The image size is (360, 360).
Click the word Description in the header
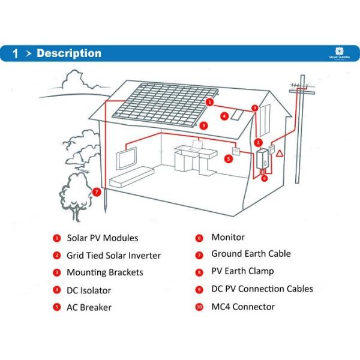tap(69, 53)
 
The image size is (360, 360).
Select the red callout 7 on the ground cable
tap(97, 192)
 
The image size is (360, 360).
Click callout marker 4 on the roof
tap(224, 116)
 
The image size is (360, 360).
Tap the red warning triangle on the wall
tap(279, 154)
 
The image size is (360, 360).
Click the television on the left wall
tap(127, 158)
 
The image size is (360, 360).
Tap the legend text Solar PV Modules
tap(102, 238)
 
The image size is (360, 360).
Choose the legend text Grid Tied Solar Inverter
tap(113, 256)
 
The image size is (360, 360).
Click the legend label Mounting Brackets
tap(105, 272)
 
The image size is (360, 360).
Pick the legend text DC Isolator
tap(89, 290)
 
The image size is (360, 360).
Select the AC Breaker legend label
tap(89, 307)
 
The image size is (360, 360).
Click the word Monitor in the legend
tap(228, 238)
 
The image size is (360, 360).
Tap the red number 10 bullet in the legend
tap(199, 307)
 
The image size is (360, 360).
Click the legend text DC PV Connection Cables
tap(262, 289)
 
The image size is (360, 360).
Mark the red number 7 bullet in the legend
tap(199, 254)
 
